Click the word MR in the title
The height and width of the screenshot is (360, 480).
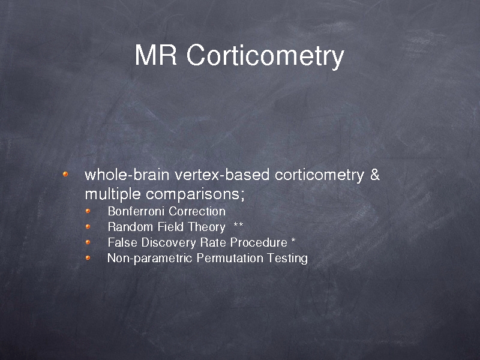tap(156, 55)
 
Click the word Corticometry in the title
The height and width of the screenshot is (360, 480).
tap(265, 57)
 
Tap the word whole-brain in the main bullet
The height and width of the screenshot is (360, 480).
tap(127, 175)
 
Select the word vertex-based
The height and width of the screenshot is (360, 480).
tap(222, 175)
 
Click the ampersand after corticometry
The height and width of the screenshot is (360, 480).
tap(374, 175)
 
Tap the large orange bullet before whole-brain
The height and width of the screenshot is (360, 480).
tap(65, 174)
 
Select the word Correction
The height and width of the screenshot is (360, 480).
tap(197, 211)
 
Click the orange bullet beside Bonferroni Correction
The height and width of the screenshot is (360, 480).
tap(88, 211)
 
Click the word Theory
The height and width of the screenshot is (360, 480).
tap(206, 227)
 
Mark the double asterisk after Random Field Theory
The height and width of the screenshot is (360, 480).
tap(238, 225)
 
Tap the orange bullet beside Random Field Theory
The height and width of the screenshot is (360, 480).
tap(88, 227)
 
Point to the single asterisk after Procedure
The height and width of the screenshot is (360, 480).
tap(293, 241)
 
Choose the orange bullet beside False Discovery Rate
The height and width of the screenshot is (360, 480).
tap(88, 242)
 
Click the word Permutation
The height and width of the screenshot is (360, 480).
tap(230, 258)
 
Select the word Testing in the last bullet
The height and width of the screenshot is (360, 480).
tap(287, 259)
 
